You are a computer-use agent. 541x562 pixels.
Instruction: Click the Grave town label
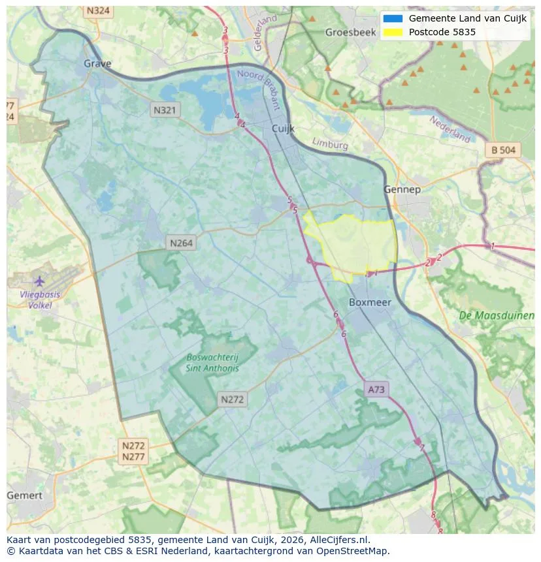(x=97, y=63)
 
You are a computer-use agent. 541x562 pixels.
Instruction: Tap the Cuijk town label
(x=284, y=129)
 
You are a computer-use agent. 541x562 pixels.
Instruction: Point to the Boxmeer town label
(x=370, y=302)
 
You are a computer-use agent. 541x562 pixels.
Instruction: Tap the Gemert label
(x=24, y=495)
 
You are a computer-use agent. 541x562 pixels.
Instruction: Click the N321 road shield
(x=164, y=110)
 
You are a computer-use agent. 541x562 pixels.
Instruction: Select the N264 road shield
(x=181, y=243)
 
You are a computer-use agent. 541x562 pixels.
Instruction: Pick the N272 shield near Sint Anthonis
(x=233, y=399)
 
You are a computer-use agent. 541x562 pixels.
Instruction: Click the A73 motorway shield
(x=376, y=390)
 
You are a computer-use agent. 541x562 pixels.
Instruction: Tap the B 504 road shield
(x=503, y=150)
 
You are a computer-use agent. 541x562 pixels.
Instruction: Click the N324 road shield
(x=98, y=11)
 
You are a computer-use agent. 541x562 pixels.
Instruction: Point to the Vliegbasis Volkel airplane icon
(x=39, y=281)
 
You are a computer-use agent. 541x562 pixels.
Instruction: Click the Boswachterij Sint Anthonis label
(x=212, y=362)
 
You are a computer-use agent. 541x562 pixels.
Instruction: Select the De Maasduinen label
(x=497, y=315)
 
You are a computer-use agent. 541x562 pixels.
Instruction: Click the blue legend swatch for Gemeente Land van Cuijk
(x=393, y=18)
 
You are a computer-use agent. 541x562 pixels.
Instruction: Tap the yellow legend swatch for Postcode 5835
(x=393, y=32)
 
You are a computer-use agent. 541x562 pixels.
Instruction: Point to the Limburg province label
(x=330, y=144)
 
